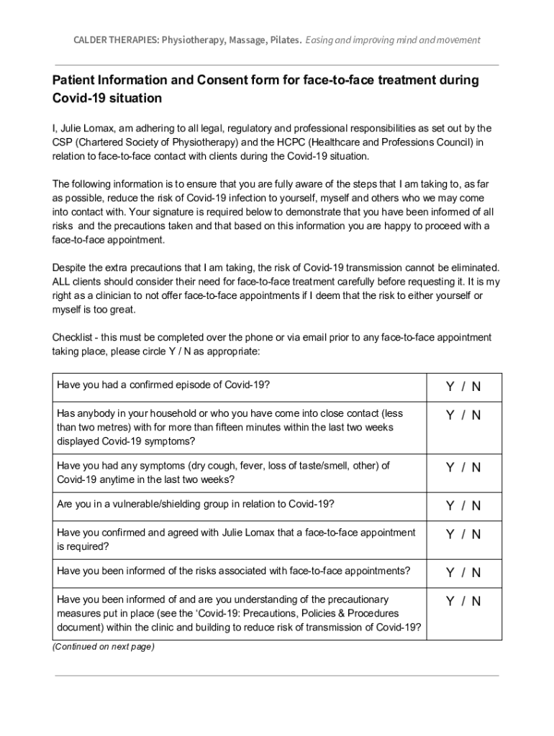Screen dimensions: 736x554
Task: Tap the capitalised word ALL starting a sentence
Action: (62, 281)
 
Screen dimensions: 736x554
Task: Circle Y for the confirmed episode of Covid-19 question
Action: (450, 387)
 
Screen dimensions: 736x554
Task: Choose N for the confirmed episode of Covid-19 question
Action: (476, 387)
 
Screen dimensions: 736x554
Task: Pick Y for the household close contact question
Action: (450, 415)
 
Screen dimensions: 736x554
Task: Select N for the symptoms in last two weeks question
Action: (476, 467)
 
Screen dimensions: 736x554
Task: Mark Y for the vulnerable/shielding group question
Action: (450, 506)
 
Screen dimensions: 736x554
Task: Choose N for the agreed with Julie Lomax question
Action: (476, 534)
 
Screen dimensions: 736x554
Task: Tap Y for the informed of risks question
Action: (450, 573)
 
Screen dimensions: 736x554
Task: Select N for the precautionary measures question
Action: (476, 601)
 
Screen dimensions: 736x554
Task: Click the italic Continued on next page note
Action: (103, 647)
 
